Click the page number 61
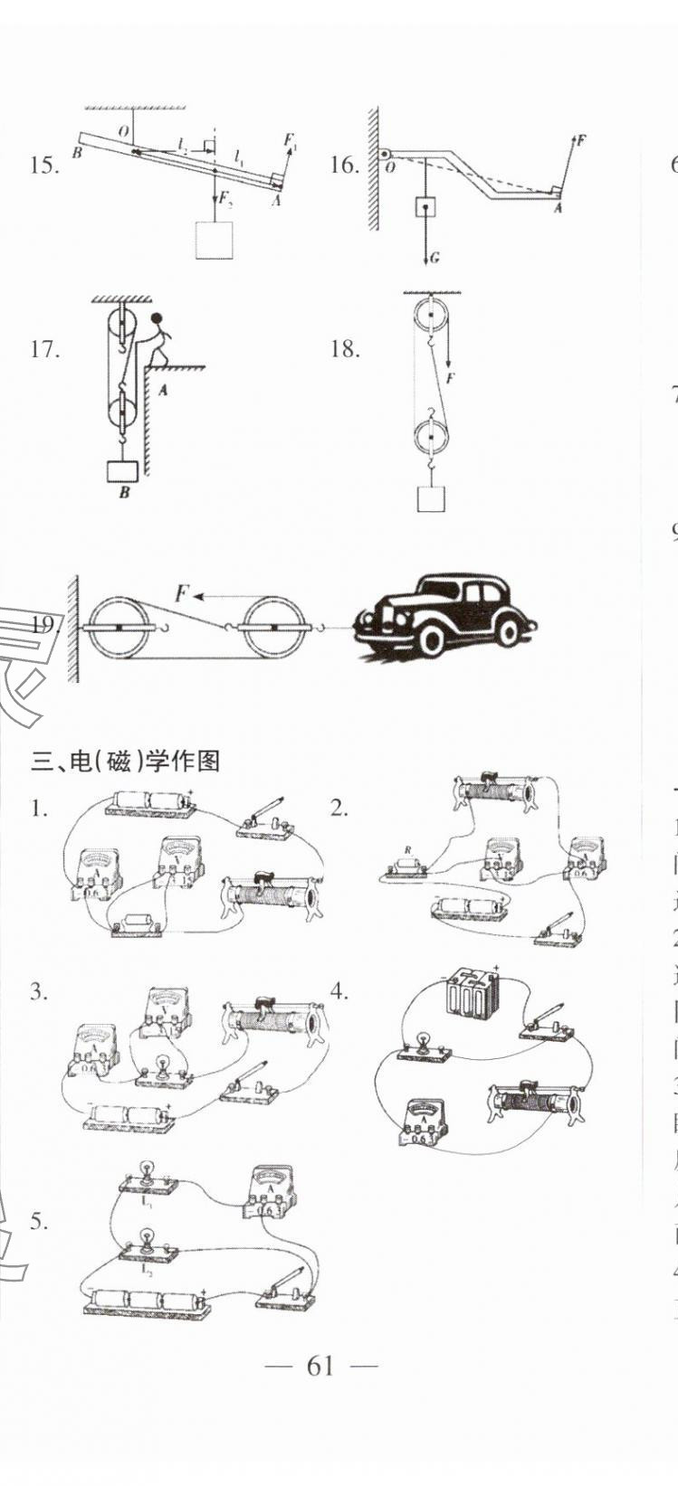[x=320, y=1366]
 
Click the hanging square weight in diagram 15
[x=215, y=240]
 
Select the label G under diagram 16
[x=434, y=259]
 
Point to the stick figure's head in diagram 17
[x=157, y=319]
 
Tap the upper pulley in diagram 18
[x=431, y=317]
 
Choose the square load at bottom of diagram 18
[x=431, y=498]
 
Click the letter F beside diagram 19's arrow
[x=182, y=594]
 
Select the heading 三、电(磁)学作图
[x=126, y=762]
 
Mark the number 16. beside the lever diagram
[x=344, y=165]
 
